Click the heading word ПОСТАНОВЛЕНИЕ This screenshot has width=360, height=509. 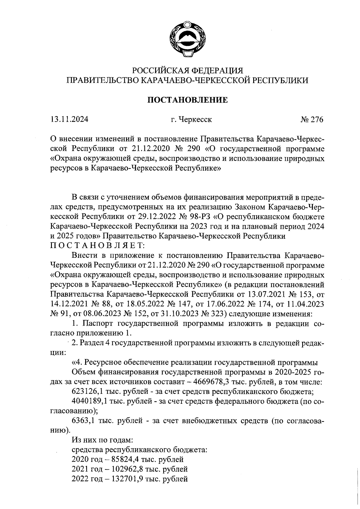187,100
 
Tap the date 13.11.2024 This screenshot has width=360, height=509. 69,120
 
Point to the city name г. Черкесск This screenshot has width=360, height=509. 191,120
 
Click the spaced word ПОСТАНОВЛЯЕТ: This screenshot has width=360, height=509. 97,245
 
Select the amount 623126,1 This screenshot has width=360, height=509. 88,392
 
